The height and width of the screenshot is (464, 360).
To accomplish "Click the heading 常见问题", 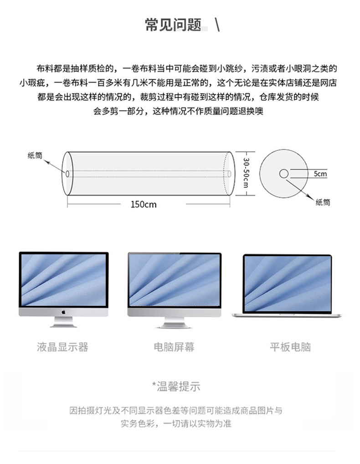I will click(173, 25).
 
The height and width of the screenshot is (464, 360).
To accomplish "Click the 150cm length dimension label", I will click(144, 204).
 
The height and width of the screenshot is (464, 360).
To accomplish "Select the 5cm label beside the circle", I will click(320, 174).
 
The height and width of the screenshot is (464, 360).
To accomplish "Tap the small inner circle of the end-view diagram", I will click(283, 173).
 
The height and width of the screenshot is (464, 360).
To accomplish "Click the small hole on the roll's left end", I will click(67, 173).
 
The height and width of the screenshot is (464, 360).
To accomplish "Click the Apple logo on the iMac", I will click(63, 313).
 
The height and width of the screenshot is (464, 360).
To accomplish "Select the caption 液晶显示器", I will click(62, 347).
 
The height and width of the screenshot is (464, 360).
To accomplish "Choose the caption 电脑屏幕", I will click(174, 347).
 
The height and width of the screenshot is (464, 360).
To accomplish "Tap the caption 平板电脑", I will click(290, 347).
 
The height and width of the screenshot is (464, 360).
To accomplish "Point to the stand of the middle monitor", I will click(174, 322).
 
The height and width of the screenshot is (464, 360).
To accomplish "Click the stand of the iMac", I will click(63, 322).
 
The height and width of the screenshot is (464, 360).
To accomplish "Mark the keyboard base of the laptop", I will click(287, 314).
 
